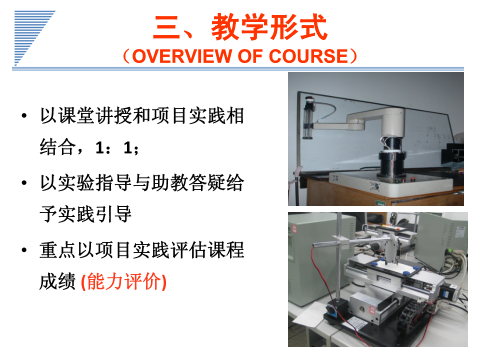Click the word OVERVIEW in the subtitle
tap(182, 56)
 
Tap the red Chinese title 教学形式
tap(269, 27)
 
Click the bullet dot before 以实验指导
tap(24, 183)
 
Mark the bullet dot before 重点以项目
tap(24, 250)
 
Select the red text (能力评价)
tap(123, 281)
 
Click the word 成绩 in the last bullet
tap(57, 281)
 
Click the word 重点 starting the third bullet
tap(57, 250)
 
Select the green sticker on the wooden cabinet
tap(380, 202)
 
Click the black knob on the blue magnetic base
tap(331, 310)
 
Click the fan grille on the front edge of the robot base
tap(374, 186)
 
